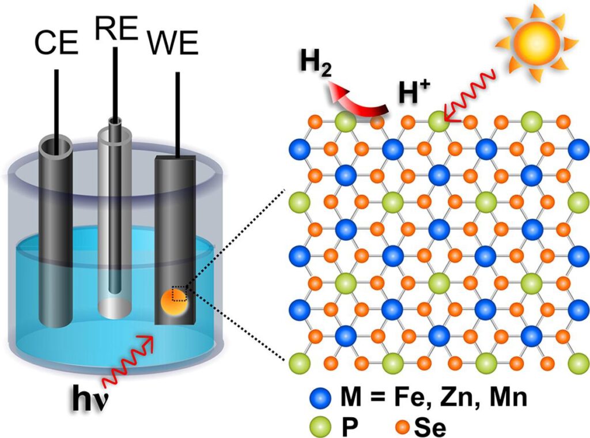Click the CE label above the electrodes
[56, 43]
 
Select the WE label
[173, 44]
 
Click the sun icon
[536, 41]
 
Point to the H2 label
[315, 65]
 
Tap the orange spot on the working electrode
[173, 303]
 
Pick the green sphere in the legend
[321, 426]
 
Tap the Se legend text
[430, 427]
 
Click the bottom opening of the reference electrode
[115, 308]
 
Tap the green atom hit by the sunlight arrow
[438, 122]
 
